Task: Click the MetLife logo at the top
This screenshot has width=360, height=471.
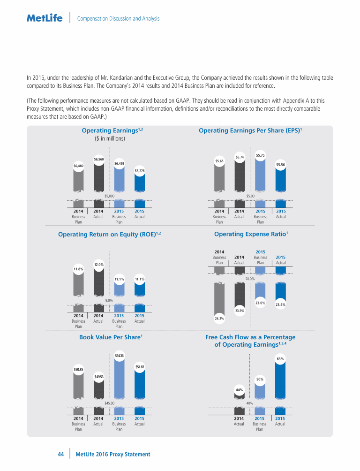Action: (45, 18)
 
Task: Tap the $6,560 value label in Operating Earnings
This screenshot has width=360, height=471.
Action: (98, 160)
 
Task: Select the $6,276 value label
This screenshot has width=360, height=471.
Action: (139, 171)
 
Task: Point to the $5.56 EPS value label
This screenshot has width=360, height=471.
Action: (281, 165)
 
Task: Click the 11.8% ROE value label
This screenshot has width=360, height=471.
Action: (78, 269)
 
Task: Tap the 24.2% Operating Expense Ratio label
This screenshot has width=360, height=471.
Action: (219, 319)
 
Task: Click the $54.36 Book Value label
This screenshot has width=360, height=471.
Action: (119, 356)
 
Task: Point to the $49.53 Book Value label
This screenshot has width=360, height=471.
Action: (98, 377)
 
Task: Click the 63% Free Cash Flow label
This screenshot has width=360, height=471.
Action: (280, 359)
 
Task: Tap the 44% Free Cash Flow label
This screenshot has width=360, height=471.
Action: (239, 389)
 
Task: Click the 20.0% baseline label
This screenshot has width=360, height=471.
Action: (250, 278)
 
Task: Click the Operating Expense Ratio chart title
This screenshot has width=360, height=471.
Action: (250, 234)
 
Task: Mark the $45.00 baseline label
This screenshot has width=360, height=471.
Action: (109, 403)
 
